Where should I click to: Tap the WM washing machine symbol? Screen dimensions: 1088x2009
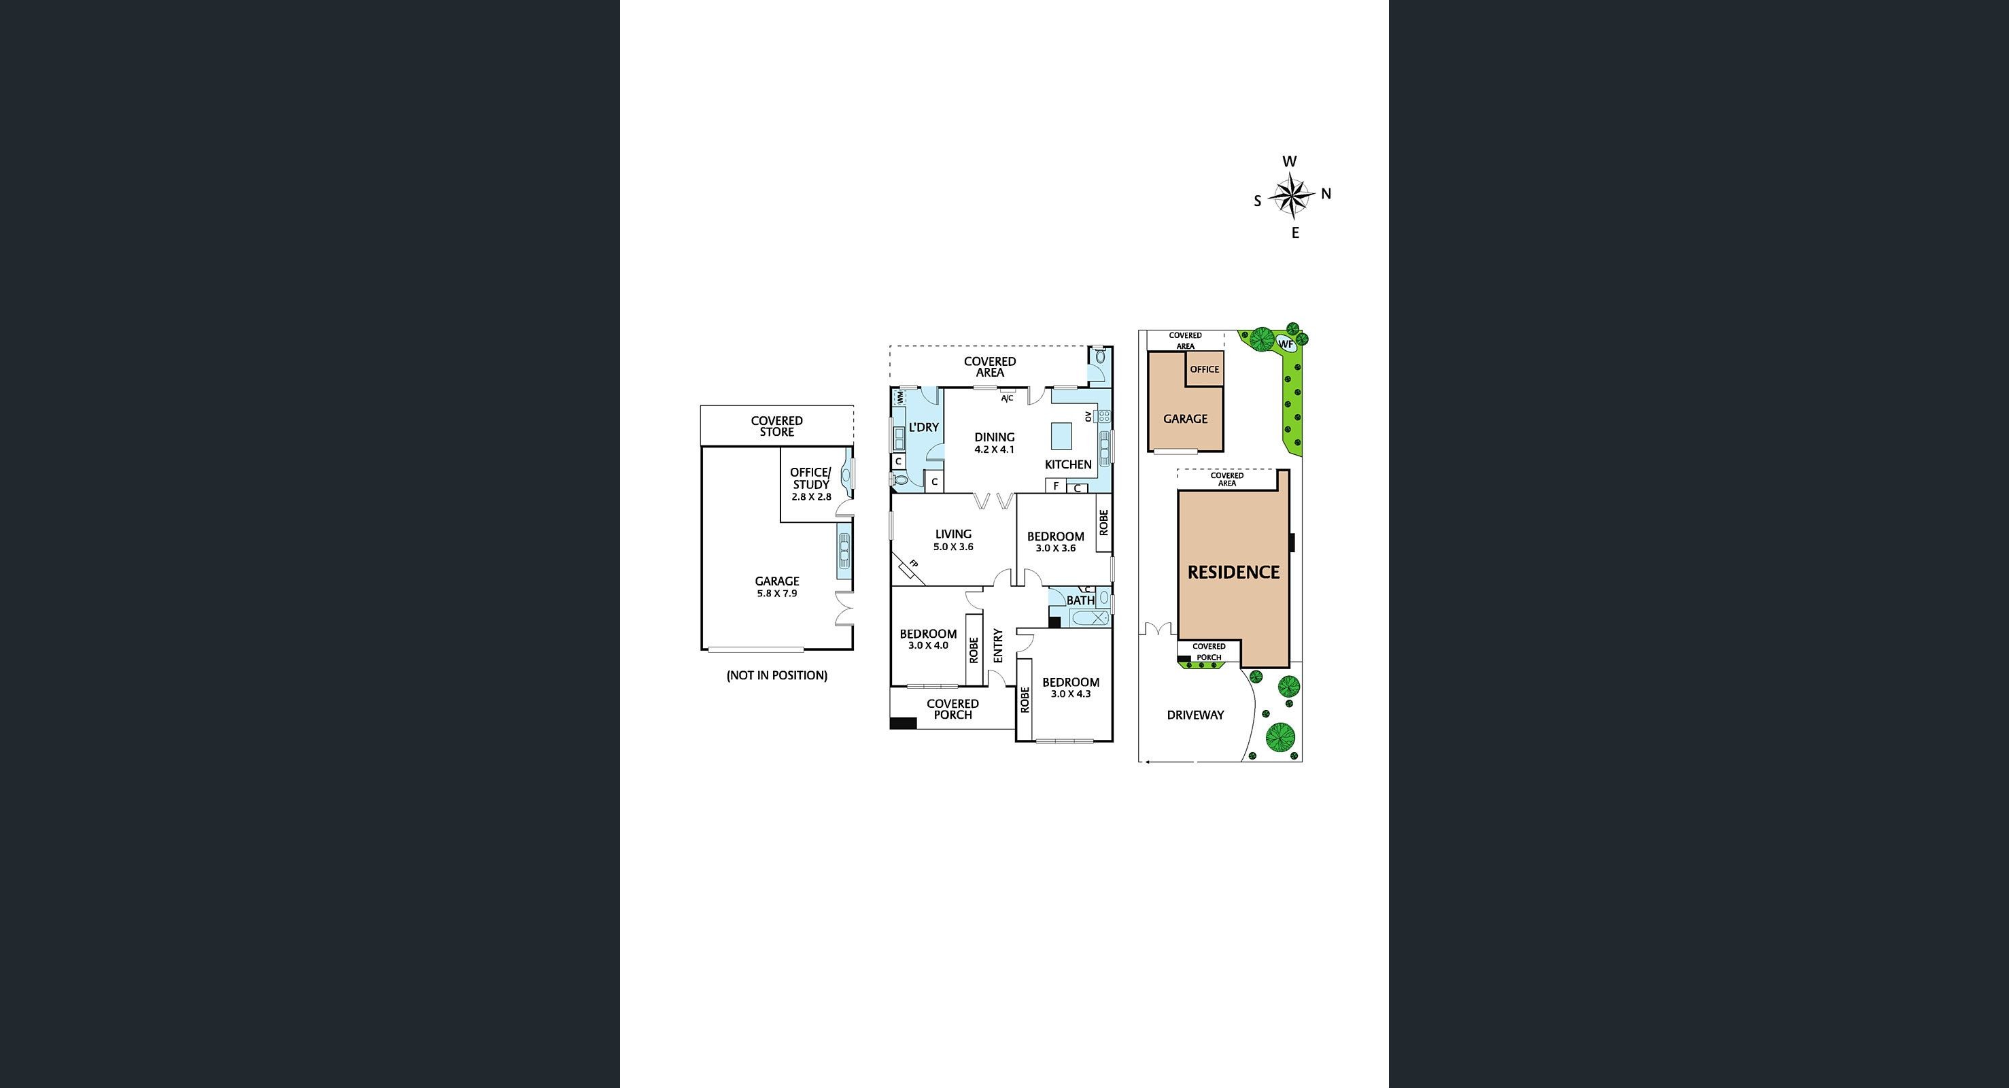pos(899,398)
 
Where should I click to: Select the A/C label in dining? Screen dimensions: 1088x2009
pos(1007,398)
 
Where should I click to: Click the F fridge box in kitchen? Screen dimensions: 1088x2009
pos(1056,486)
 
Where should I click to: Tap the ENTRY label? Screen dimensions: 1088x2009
pos(997,646)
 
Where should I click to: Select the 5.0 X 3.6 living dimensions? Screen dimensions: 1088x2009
pos(953,547)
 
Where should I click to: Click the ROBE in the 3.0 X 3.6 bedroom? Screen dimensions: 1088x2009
pos(1103,522)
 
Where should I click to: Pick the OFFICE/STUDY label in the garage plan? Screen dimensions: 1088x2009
pos(811,478)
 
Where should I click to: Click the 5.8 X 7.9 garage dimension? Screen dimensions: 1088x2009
pos(777,594)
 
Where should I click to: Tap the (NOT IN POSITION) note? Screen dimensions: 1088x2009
pos(777,675)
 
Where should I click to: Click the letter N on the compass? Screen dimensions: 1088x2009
pos(1326,193)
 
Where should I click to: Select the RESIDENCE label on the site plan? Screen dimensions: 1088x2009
pos(1233,573)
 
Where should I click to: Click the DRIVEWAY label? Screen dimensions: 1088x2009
pos(1195,715)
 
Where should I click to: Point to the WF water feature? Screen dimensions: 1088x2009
pos(1285,344)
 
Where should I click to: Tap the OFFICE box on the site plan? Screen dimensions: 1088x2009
pos(1204,370)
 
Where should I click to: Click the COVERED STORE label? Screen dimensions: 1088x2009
pos(777,426)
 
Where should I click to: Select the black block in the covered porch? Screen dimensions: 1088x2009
pos(903,723)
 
